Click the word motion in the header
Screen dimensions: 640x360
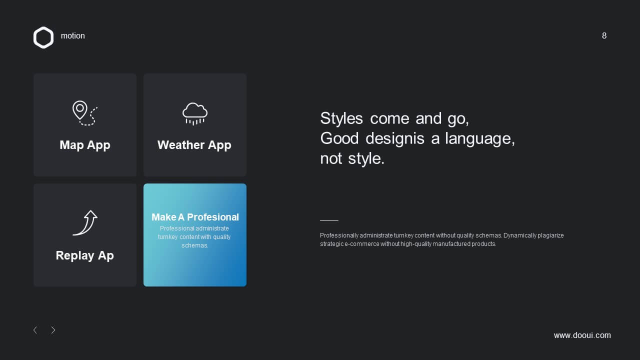(73, 35)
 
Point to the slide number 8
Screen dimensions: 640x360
(604, 35)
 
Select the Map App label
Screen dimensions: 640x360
(85, 145)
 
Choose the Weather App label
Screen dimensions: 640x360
(194, 145)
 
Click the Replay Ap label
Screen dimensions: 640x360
(85, 255)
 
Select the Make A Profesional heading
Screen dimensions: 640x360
(195, 217)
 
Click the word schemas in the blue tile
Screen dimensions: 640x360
(195, 245)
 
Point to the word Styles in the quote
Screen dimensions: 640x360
(341, 118)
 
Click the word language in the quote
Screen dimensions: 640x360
(480, 139)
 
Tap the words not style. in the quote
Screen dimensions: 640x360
(352, 158)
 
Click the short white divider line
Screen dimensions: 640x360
(329, 220)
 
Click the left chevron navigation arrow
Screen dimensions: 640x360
(35, 330)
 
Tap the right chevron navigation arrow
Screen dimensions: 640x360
(53, 330)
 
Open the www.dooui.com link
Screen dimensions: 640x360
(582, 335)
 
